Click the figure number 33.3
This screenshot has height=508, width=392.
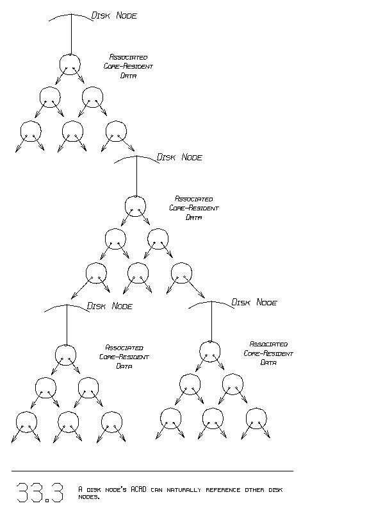[x=39, y=493]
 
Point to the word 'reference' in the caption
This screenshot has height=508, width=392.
[x=222, y=489]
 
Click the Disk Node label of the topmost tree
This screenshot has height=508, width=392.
[x=115, y=15]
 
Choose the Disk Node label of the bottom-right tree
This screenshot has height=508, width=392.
[x=254, y=302]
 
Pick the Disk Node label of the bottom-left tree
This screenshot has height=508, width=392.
[x=110, y=306]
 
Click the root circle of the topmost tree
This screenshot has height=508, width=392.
[x=70, y=63]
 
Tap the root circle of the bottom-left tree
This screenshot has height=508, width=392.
[x=65, y=355]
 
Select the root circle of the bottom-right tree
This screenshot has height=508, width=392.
[x=210, y=351]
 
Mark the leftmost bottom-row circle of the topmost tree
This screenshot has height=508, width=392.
[x=30, y=131]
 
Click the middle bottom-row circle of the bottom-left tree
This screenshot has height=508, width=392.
[x=68, y=421]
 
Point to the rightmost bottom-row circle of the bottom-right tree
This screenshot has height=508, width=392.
[x=256, y=418]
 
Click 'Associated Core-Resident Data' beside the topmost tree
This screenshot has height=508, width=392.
[x=128, y=66]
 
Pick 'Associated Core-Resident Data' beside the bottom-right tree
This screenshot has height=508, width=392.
[x=268, y=353]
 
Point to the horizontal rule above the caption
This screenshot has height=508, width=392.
[x=152, y=471]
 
